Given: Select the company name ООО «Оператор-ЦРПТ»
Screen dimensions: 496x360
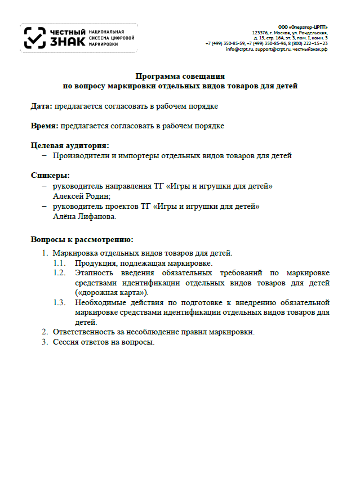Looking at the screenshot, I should (303, 27).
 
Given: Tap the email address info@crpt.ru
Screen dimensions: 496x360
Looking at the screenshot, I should (239, 49).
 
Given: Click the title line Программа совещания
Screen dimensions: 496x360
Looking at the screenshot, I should (180, 76).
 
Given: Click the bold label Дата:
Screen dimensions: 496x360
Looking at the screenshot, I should (41, 105).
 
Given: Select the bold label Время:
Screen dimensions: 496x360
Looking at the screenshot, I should (45, 126).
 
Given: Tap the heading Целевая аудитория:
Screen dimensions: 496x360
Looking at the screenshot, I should (70, 145).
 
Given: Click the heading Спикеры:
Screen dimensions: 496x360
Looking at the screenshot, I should (50, 175).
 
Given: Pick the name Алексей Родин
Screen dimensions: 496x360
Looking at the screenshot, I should (81, 196).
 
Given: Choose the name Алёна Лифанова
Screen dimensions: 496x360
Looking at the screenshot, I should (85, 216).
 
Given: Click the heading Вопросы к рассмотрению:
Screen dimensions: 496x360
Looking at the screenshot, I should (82, 239).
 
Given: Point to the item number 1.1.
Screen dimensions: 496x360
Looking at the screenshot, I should (60, 263).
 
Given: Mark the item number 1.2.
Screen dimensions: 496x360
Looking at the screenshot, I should (60, 273).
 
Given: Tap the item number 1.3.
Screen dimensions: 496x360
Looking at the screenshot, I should (60, 303).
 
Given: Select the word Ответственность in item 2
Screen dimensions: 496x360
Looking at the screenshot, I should (80, 332).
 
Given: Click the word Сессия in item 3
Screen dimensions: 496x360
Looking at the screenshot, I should (65, 342).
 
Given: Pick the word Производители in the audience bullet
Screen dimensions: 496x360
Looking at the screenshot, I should (78, 155).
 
